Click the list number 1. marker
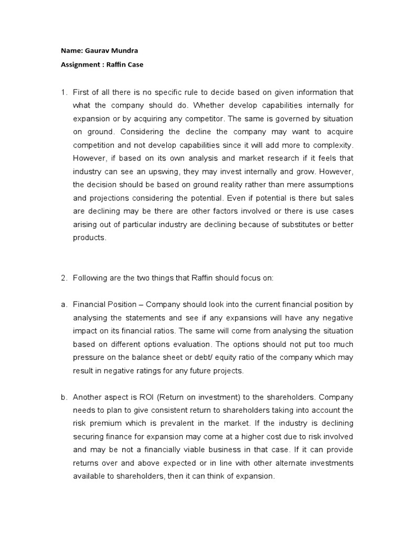tap(65, 93)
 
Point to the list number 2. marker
tap(65, 278)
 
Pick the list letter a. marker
tap(65, 304)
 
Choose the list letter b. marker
tap(65, 398)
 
